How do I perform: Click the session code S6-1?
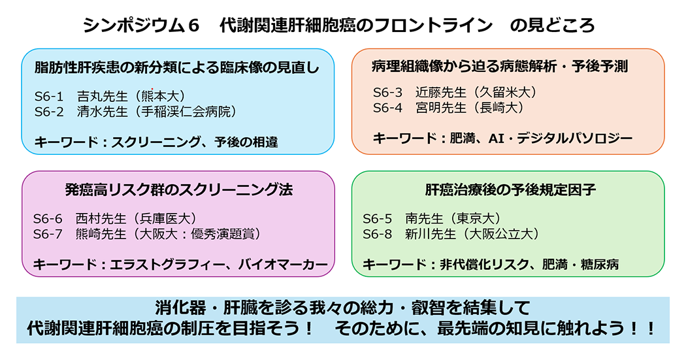(x=49, y=96)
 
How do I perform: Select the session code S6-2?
(x=49, y=112)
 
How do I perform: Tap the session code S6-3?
(x=387, y=92)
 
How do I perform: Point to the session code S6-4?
(x=387, y=108)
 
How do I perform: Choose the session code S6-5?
(x=377, y=218)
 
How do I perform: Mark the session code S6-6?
(x=48, y=218)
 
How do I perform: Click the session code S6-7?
(x=48, y=234)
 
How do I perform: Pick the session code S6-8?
(x=377, y=234)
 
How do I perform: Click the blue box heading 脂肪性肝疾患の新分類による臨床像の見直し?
(x=177, y=67)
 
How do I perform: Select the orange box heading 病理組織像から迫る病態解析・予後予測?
(x=500, y=66)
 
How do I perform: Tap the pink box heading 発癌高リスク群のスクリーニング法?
(x=178, y=189)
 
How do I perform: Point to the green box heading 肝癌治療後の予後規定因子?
(x=510, y=189)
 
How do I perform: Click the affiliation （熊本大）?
(x=160, y=96)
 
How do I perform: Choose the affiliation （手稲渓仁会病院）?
(x=186, y=112)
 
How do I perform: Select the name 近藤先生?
(x=441, y=92)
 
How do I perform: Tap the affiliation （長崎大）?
(x=498, y=108)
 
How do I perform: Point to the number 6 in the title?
(x=193, y=25)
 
